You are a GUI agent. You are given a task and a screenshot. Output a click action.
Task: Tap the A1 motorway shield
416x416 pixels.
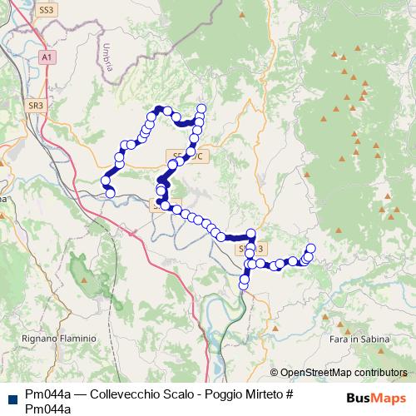point(47,57)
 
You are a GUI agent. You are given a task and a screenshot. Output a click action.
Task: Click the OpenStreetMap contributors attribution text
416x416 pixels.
point(344,373)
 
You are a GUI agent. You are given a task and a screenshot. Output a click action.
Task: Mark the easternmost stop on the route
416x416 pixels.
point(311,248)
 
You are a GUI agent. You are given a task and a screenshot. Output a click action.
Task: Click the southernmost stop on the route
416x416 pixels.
point(244,285)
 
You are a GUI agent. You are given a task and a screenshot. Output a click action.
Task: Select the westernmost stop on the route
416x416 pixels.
point(106,181)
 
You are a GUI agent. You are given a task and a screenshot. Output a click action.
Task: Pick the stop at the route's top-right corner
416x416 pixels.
point(201,108)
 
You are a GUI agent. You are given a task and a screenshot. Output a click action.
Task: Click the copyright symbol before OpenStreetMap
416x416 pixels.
point(275,373)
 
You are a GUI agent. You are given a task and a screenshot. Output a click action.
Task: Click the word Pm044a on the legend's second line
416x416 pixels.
point(48,408)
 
